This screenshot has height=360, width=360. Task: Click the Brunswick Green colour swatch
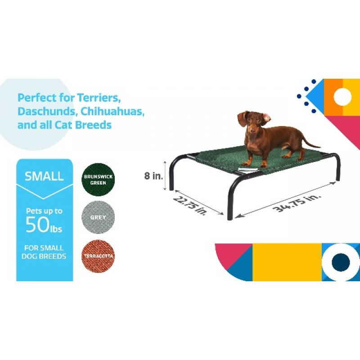pos(98,180)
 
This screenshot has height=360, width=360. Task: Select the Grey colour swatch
pos(98,217)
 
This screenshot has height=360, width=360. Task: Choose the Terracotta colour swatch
pos(98,256)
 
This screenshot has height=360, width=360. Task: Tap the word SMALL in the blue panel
pos(44,176)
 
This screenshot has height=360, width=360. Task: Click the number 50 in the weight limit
pos(38,225)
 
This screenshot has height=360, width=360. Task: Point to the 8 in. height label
pos(153,176)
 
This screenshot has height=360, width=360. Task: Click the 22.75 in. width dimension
pos(189,206)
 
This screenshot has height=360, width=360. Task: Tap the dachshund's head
pos(252,121)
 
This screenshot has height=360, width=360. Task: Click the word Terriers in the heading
pos(99,98)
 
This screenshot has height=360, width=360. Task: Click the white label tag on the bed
pos(247,169)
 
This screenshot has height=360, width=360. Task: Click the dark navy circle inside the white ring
pos(341,262)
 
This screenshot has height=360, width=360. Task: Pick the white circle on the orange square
pos(342,97)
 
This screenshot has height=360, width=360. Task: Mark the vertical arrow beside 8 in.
pos(165,175)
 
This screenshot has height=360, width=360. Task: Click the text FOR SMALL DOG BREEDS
pos(44,252)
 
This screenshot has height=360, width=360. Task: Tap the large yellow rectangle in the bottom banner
pos(287,262)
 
